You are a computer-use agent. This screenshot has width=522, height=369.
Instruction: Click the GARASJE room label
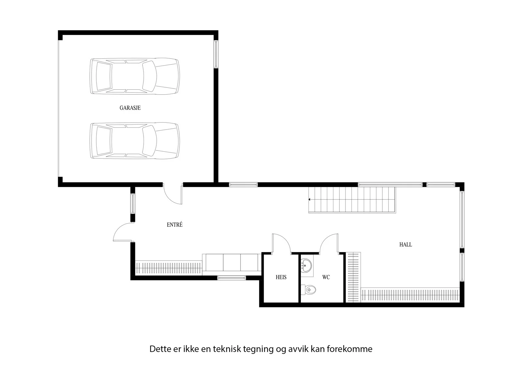(x=130, y=108)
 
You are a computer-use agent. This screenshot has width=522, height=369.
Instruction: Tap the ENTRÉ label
(x=175, y=225)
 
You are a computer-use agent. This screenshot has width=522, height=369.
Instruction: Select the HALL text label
(x=406, y=244)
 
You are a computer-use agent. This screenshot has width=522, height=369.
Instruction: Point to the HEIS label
(x=281, y=277)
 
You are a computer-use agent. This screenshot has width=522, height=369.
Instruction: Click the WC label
(x=326, y=277)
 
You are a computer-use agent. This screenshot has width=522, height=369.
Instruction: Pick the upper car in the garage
(x=135, y=76)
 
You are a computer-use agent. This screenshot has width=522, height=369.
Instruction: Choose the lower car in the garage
(x=135, y=141)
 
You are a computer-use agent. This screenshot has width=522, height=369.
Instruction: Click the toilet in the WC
(x=308, y=290)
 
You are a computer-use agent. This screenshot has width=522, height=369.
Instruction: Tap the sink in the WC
(x=306, y=266)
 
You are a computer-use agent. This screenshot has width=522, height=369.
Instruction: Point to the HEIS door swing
(x=281, y=243)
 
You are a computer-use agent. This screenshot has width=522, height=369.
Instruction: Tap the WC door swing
(x=329, y=243)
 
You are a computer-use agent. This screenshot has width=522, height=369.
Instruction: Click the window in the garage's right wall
(x=216, y=54)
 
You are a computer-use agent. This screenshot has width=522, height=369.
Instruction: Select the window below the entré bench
(x=231, y=278)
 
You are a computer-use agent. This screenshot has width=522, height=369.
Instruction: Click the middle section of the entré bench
(x=232, y=262)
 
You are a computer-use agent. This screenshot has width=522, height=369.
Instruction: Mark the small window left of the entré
(x=132, y=204)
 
